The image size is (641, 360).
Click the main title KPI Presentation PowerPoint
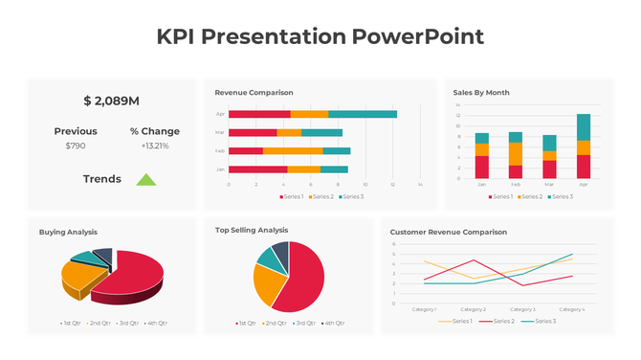[x=320, y=37]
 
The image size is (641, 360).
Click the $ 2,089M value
[x=111, y=101]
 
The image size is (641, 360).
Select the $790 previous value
[x=76, y=146]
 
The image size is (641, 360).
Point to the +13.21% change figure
[x=154, y=146]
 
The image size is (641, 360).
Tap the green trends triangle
[x=145, y=179]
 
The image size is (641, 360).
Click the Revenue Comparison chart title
[x=254, y=93]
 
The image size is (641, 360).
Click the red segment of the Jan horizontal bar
[x=257, y=169]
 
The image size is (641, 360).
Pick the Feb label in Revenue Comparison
[x=219, y=150]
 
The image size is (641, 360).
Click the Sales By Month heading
[x=480, y=93]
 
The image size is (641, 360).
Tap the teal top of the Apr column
[x=584, y=126]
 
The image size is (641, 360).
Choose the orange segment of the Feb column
[x=516, y=153]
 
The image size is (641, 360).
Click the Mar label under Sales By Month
[x=549, y=184]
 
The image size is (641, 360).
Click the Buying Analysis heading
[x=68, y=232]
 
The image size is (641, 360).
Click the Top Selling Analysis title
[x=252, y=230]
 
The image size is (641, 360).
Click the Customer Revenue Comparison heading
[x=449, y=232]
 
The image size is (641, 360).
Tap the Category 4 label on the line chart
[x=571, y=309]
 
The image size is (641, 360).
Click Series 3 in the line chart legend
[x=542, y=321]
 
